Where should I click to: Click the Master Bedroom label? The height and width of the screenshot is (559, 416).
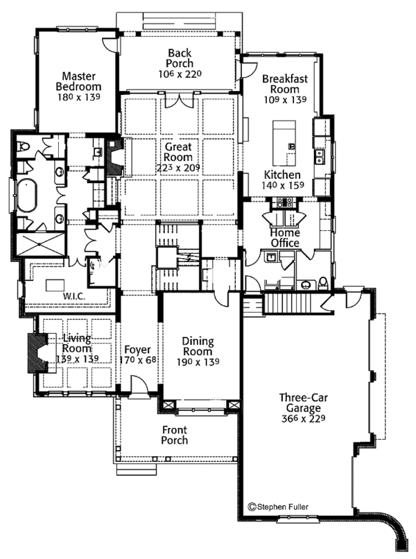point(78,81)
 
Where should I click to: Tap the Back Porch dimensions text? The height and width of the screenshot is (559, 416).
point(180,74)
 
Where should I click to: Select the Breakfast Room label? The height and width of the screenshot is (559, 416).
point(285,84)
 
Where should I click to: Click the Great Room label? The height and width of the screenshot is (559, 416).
point(178,152)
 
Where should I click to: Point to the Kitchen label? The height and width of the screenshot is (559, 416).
point(282,175)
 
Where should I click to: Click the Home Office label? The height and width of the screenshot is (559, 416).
point(285,238)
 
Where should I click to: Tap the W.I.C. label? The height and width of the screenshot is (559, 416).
point(74,296)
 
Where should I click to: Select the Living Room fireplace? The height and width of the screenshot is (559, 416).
point(37,353)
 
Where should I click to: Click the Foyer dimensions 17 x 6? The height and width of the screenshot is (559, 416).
point(137,360)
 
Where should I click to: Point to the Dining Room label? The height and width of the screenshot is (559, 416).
point(198,346)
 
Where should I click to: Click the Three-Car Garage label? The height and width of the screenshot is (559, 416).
point(303,402)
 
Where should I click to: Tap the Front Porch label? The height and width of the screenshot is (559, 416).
point(174,435)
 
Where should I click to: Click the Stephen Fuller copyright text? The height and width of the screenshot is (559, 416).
point(279,506)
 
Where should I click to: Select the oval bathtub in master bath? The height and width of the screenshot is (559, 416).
point(27,196)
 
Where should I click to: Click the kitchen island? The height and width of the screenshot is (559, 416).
point(284,143)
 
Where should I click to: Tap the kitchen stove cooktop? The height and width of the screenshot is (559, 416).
point(285,203)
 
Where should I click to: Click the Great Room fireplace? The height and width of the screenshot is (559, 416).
point(115,157)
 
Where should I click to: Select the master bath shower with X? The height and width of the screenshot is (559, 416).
point(41,244)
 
